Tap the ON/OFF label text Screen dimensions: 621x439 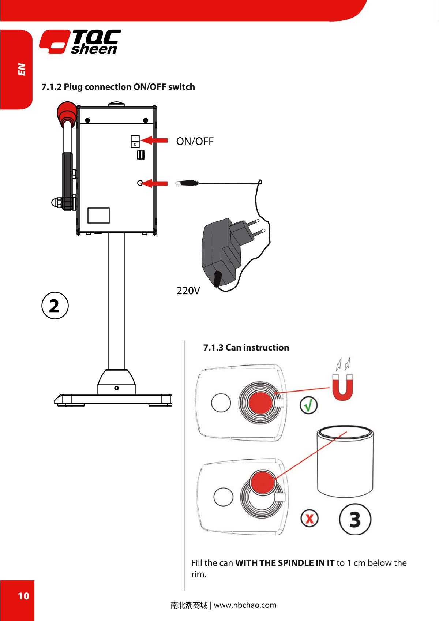[x=195, y=141]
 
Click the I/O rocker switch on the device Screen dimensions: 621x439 [x=135, y=141]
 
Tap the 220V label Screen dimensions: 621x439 [x=188, y=291]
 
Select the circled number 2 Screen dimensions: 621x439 [x=54, y=306]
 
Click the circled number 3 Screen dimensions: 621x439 [x=355, y=519]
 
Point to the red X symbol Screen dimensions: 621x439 [x=309, y=519]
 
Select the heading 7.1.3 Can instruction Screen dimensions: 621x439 [x=246, y=347]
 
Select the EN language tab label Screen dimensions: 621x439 [x=22, y=70]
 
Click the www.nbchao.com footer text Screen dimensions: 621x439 [x=245, y=605]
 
